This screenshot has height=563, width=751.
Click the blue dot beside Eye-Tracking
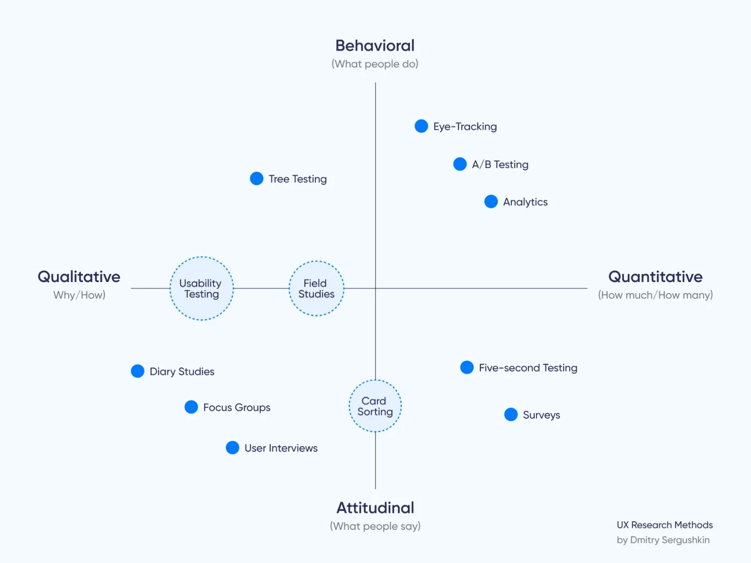422,126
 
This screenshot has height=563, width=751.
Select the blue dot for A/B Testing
460,164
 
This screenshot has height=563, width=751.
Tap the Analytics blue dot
491,202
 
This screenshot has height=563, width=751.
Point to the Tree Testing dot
256,179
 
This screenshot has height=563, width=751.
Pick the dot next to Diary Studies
137,371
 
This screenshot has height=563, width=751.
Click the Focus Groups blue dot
191,407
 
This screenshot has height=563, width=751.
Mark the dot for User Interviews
232,448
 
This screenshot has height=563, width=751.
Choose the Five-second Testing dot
467,367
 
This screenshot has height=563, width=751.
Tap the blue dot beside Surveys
511,414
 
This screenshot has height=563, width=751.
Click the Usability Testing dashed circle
202,288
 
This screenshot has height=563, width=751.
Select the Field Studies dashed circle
316,288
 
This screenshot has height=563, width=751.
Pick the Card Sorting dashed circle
375,406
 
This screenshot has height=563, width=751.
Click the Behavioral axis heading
375,46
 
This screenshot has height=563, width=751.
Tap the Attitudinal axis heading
375,508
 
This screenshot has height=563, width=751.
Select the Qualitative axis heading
79,277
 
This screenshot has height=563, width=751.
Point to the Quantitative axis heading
655,277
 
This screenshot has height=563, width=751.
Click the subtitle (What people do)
375,64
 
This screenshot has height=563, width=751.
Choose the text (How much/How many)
655,295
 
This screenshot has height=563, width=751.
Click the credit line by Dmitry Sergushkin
663,540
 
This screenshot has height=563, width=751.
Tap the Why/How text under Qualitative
79,295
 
